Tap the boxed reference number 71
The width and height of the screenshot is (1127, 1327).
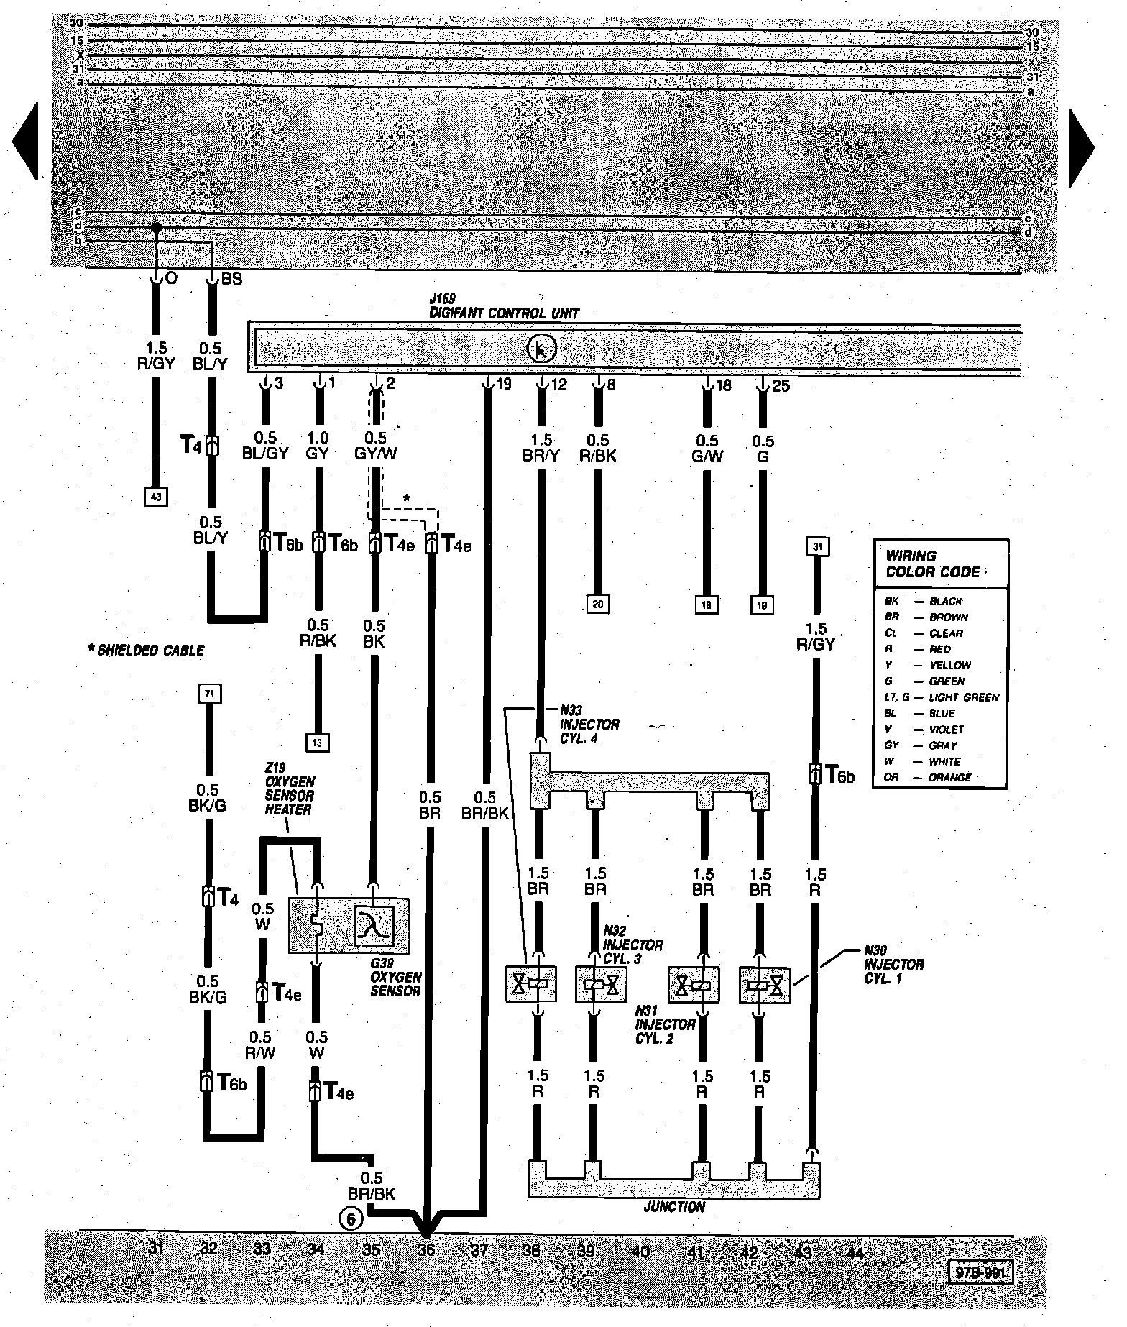(209, 694)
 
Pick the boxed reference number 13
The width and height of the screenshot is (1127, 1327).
(317, 741)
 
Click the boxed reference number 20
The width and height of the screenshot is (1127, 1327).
(597, 604)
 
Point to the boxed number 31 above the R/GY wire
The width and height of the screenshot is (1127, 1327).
(817, 547)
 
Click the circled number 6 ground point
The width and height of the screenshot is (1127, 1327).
(351, 1218)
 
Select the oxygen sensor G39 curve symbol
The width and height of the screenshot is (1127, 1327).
(374, 924)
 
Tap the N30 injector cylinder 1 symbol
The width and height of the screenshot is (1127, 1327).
(764, 986)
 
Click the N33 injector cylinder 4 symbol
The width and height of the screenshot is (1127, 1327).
(535, 986)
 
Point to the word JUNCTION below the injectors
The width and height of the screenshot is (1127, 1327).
(673, 1207)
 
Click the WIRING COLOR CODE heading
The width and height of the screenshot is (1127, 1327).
(932, 564)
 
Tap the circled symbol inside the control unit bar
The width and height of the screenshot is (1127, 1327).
(542, 349)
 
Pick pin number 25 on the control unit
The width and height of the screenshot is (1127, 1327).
(781, 386)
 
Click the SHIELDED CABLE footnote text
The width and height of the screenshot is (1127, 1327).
(145, 651)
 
